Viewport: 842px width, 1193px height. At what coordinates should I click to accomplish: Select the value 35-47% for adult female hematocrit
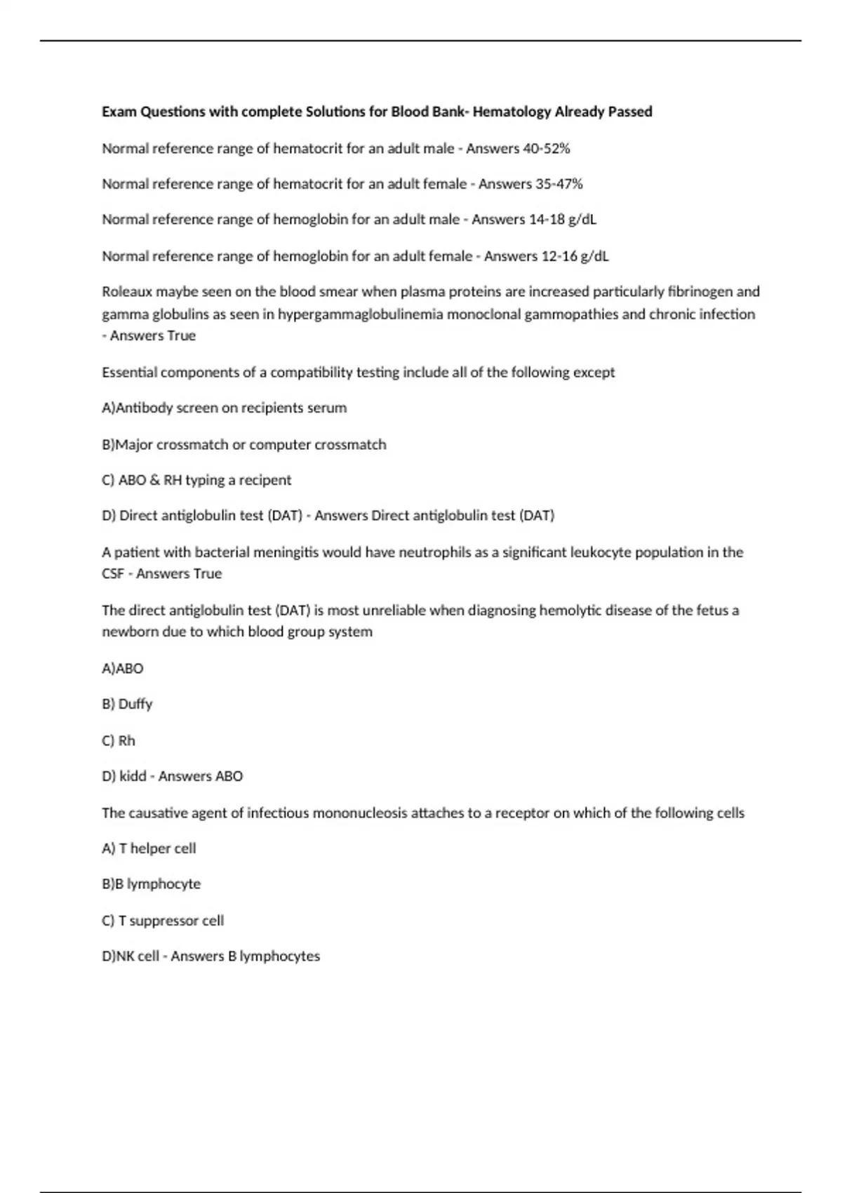pos(559,184)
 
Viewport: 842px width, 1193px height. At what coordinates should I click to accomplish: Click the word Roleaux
pos(126,291)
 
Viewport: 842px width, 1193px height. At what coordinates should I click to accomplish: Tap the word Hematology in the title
pos(512,112)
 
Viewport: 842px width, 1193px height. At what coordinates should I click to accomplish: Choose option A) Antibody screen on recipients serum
pos(224,408)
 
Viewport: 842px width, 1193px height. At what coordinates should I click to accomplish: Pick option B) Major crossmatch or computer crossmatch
pos(243,444)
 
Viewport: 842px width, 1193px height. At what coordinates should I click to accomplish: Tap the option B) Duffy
pos(127,704)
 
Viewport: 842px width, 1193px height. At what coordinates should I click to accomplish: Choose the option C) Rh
pos(119,741)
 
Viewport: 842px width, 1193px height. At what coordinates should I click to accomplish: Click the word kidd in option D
pos(133,776)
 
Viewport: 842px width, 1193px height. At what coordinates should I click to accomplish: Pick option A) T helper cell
pos(149,848)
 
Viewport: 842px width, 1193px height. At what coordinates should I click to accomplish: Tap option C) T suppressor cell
pos(163,921)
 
